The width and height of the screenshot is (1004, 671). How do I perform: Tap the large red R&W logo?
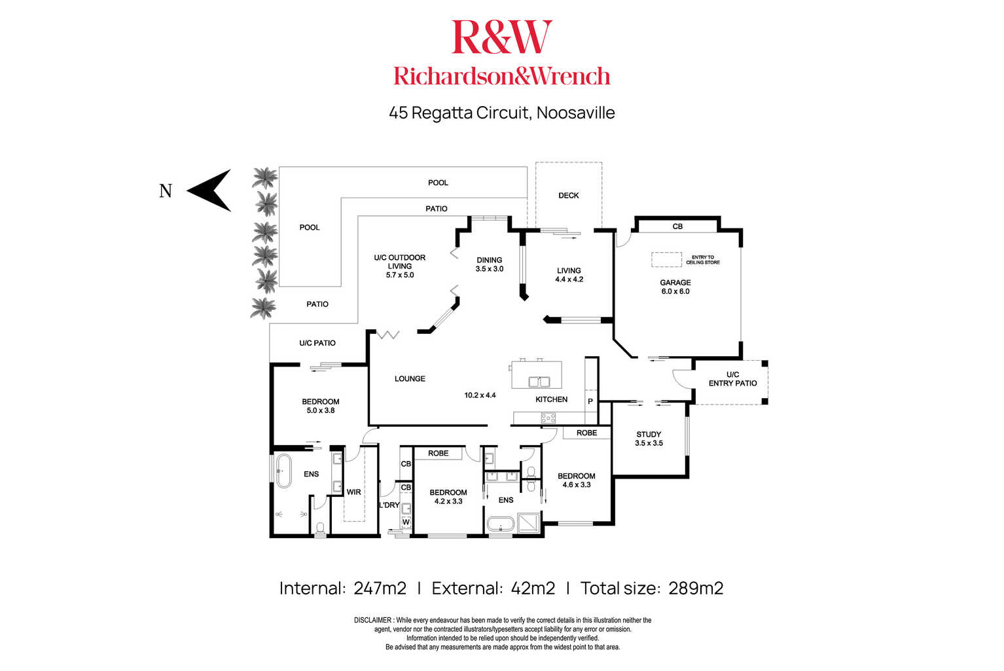(x=501, y=37)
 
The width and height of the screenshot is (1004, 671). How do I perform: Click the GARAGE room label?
(x=675, y=282)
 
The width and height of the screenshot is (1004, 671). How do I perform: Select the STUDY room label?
(x=649, y=434)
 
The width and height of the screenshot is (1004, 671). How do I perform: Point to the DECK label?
(x=568, y=196)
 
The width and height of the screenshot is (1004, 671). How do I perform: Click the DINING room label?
(x=489, y=260)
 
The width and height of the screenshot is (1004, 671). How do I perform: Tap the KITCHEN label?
(x=551, y=399)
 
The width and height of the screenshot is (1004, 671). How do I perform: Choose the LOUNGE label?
(x=410, y=379)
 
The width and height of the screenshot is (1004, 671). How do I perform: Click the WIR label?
(x=353, y=492)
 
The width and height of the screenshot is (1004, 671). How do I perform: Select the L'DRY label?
(x=389, y=505)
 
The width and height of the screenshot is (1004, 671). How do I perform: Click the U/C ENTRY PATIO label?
(x=732, y=379)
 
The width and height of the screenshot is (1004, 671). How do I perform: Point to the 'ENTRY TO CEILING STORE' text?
(x=703, y=260)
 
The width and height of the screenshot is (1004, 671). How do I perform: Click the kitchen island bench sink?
(x=539, y=382)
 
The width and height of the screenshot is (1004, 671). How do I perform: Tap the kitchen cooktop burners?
(x=548, y=419)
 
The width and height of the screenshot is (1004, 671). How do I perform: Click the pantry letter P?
(x=590, y=401)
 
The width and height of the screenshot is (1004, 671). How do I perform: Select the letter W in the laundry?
(x=406, y=522)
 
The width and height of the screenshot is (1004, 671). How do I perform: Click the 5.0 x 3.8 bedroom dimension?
(x=321, y=410)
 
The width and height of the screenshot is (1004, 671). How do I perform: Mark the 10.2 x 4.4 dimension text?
(x=480, y=395)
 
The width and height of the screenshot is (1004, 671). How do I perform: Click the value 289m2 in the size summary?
(x=696, y=589)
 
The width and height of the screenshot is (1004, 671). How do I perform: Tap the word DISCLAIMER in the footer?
(x=372, y=621)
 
